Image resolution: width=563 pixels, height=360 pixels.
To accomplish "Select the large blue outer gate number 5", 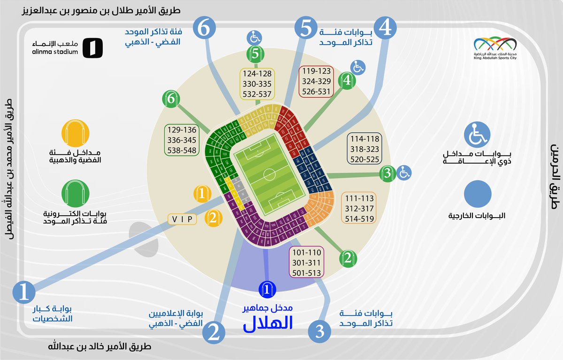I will click(x=306, y=28).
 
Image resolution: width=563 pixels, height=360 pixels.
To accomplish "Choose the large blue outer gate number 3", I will click(x=319, y=331).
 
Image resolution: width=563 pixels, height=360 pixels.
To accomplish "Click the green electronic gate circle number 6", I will click(x=171, y=99).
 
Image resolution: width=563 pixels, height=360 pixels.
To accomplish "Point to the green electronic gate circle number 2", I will click(x=348, y=258).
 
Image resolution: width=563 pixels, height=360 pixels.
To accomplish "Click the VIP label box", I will click(x=182, y=219).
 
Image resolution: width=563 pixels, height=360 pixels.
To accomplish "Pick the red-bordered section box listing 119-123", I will click(x=316, y=81).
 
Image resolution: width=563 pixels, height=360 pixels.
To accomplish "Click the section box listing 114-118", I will click(x=365, y=149).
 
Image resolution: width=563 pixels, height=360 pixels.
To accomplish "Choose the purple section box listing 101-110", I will click(x=307, y=262).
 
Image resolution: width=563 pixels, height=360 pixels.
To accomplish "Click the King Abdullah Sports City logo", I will click(x=495, y=47).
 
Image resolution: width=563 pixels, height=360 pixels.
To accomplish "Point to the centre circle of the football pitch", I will click(x=269, y=175).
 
